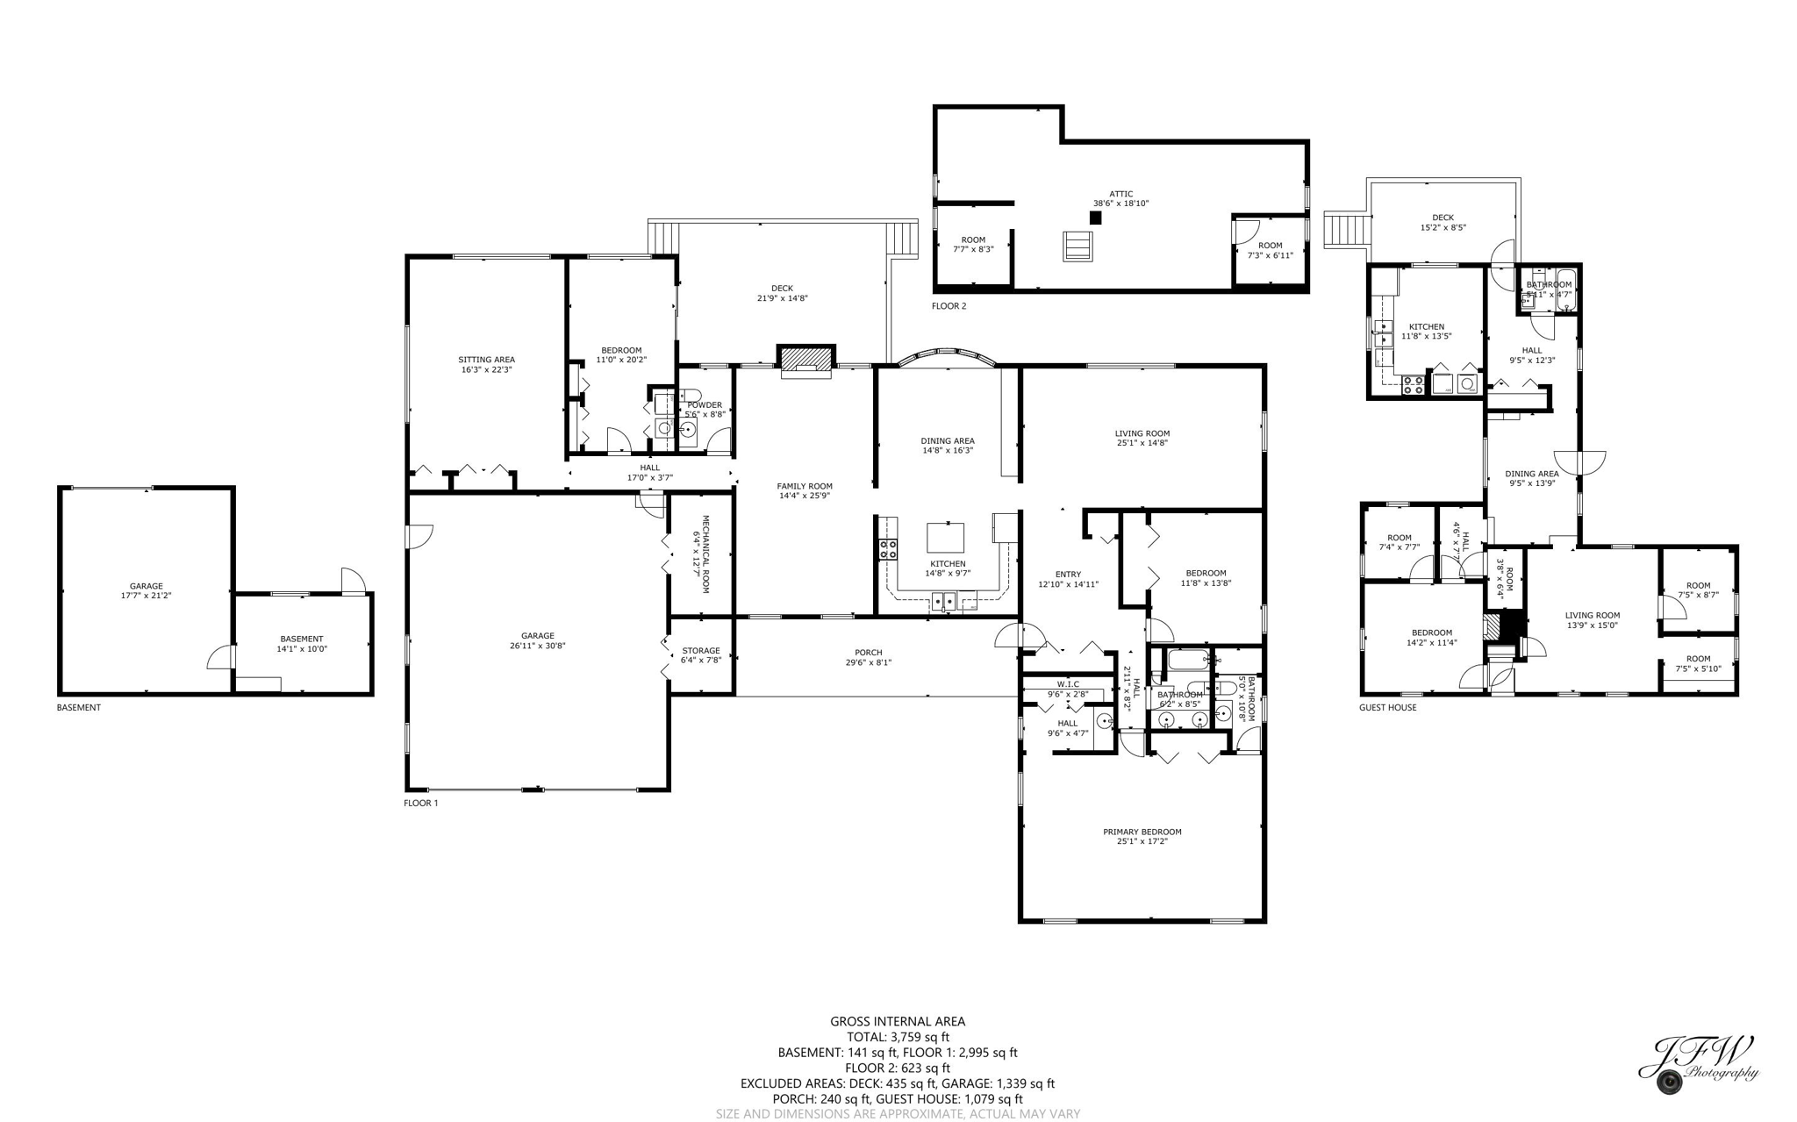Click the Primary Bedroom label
[1142, 832]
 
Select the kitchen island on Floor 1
[945, 537]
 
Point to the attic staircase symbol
[1077, 246]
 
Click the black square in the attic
[1095, 218]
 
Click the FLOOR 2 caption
[949, 306]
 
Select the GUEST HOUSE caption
[1387, 707]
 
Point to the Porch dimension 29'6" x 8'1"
[868, 662]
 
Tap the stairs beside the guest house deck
[1346, 230]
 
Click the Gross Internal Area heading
[897, 1021]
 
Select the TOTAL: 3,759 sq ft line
[897, 1037]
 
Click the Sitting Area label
[486, 360]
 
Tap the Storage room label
[700, 651]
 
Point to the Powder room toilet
[690, 396]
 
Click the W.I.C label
[1068, 684]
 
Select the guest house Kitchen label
[1426, 327]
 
